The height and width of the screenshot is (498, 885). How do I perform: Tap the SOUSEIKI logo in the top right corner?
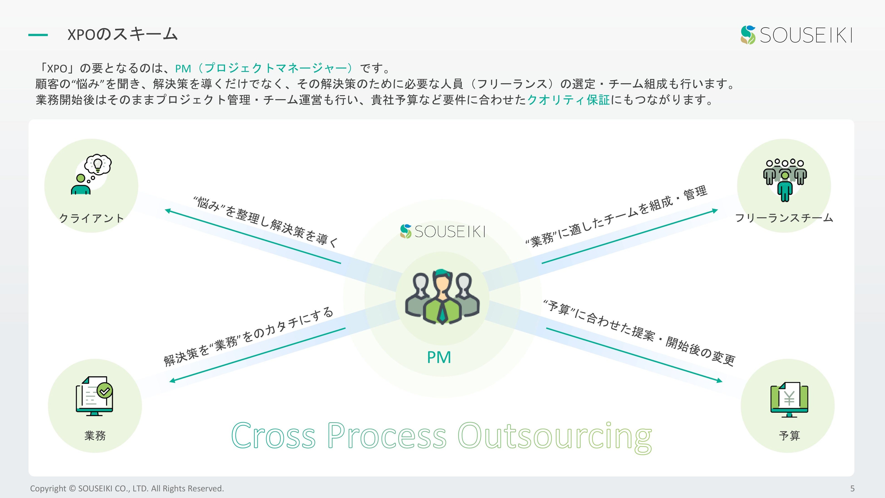[796, 35]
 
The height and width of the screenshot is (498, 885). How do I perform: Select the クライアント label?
[91, 218]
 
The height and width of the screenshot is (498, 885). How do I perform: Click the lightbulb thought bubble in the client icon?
[98, 164]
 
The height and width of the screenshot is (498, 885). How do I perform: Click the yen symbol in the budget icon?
[789, 399]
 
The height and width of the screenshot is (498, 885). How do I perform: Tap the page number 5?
[852, 488]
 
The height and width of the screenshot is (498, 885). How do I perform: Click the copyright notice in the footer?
[127, 488]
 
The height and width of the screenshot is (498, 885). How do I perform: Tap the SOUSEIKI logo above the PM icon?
[442, 231]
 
